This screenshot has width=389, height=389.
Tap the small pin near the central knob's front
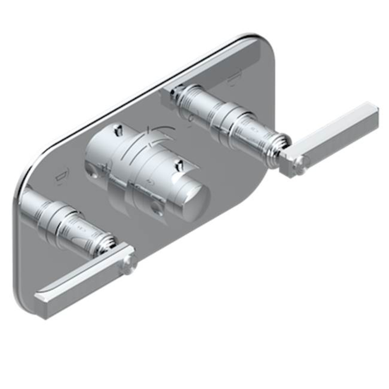point(180,165)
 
